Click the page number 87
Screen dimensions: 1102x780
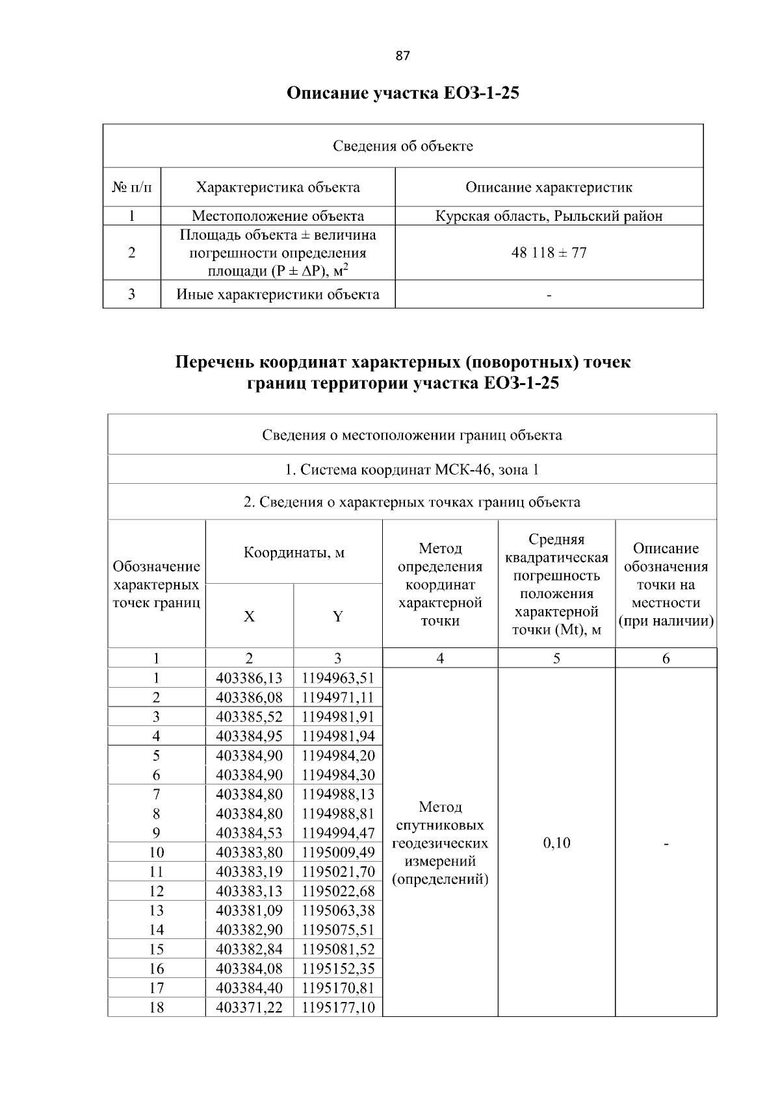coord(402,56)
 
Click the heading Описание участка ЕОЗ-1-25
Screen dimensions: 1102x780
coord(402,94)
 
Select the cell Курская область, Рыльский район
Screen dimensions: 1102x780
coord(549,216)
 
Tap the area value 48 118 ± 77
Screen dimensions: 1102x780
coord(549,253)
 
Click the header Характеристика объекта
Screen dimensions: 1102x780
coord(278,188)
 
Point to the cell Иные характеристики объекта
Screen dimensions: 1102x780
coord(278,295)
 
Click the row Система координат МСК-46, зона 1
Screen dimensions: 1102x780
coord(411,470)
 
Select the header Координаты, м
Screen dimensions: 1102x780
coord(294,553)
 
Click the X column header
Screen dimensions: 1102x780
coord(249,617)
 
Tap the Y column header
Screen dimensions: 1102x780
coord(337,617)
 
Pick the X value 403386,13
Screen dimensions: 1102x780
coord(249,679)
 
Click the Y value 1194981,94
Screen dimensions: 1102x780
coord(338,736)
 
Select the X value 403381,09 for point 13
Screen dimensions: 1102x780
coord(249,910)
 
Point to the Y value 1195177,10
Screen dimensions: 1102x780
coord(338,1007)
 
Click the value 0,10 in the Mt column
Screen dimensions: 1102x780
coord(556,843)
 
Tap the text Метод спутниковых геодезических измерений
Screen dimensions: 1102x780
coord(440,843)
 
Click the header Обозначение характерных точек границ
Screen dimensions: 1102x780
coord(156,584)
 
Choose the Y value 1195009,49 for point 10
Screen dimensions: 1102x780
coord(338,852)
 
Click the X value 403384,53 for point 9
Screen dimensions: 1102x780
coord(249,833)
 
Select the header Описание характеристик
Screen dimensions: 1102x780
coord(549,188)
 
